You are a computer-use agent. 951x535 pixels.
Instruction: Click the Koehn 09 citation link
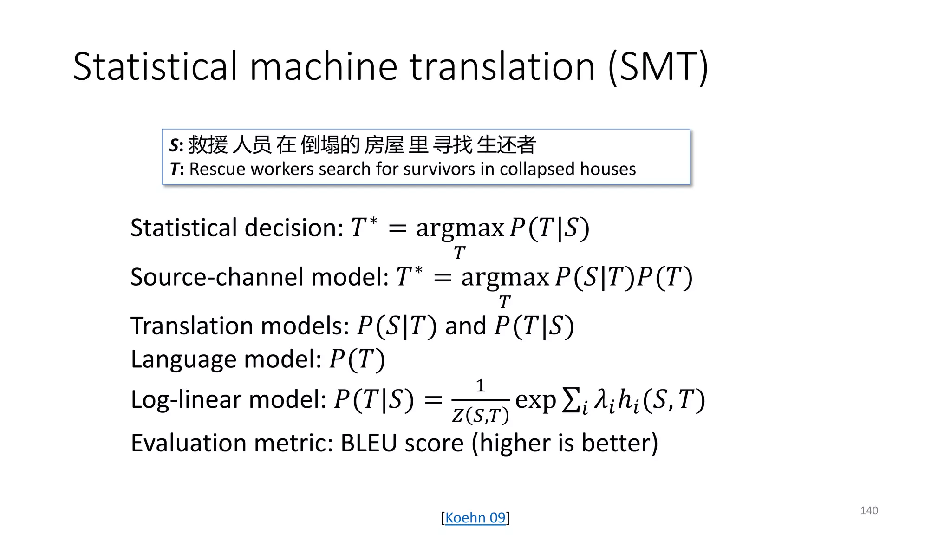click(475, 517)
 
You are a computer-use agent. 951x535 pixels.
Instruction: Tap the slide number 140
click(869, 510)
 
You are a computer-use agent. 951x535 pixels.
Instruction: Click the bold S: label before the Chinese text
click(176, 145)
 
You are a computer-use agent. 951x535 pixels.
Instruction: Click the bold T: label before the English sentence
click(176, 169)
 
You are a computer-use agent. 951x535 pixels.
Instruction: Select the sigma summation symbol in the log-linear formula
click(571, 400)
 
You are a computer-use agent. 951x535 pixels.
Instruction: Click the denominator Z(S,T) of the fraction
click(481, 415)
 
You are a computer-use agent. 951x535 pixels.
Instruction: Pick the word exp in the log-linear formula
click(535, 400)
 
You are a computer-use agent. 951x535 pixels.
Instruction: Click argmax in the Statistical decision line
click(459, 228)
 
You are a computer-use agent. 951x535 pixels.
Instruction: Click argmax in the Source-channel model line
click(505, 277)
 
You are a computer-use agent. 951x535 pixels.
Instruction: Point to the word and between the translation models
click(465, 326)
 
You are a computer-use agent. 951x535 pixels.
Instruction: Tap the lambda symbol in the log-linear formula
click(602, 399)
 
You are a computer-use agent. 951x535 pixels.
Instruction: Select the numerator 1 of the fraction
click(481, 385)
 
